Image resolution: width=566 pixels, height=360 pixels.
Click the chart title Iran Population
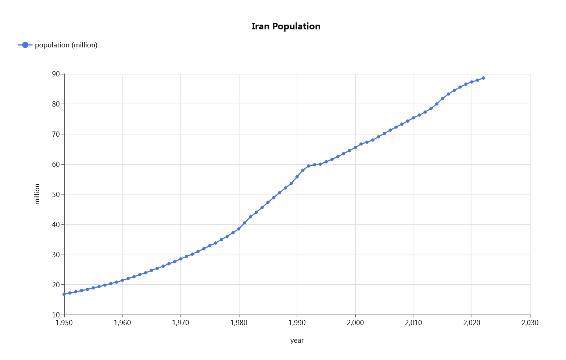286,26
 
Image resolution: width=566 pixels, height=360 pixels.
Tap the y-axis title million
37,194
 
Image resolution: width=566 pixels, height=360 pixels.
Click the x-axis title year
297,341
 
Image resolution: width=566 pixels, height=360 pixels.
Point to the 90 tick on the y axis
56,74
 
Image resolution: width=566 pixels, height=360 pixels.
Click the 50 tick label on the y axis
56,194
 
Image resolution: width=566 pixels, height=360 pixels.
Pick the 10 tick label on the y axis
56,315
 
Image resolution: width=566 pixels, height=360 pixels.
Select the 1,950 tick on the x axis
64,323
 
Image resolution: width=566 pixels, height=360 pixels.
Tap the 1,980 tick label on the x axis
239,323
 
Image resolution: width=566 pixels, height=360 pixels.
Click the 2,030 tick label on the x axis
530,323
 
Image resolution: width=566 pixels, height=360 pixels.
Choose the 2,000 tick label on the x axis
355,323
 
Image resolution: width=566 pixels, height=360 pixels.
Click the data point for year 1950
64,294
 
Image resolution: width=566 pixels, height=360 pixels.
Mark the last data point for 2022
483,78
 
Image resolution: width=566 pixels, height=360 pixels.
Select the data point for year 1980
239,229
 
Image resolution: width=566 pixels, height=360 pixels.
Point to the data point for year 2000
355,148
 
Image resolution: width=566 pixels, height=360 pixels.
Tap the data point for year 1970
180,259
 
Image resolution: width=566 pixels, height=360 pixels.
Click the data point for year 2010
413,118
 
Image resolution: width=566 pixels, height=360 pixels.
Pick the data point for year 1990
297,177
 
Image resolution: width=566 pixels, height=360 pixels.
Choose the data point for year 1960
122,280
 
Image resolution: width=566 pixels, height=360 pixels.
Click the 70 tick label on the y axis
56,134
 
